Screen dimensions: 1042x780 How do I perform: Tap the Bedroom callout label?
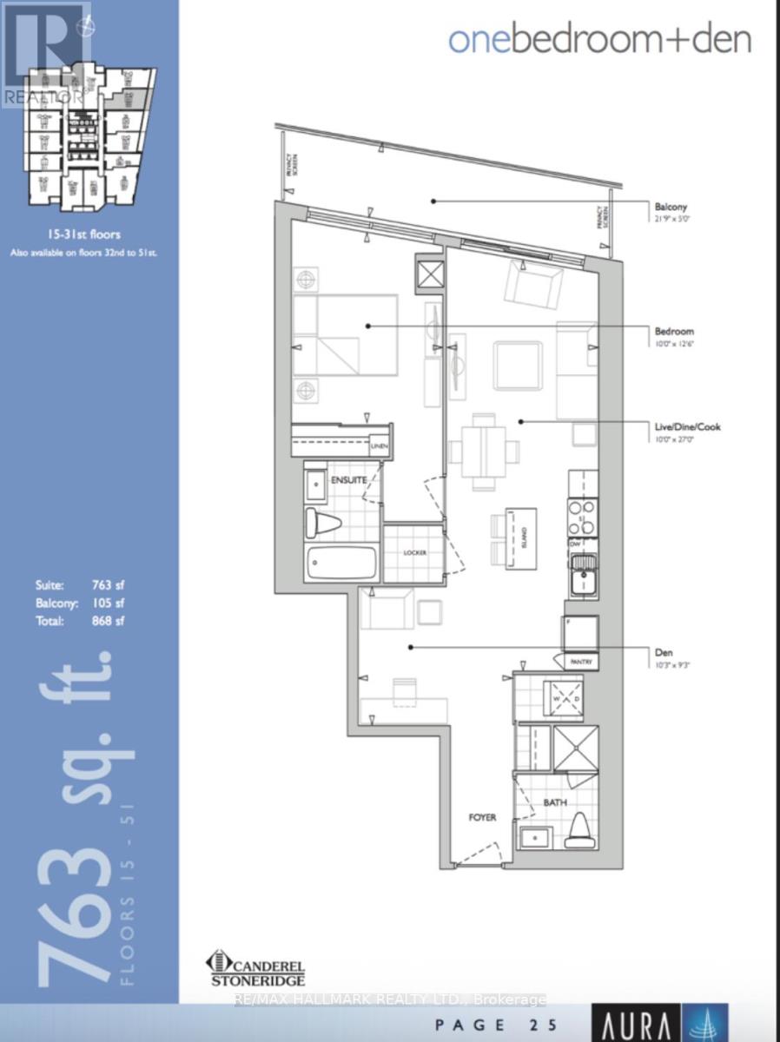point(674,331)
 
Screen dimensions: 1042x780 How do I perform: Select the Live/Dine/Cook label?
point(688,426)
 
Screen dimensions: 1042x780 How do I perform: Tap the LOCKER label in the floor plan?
point(413,553)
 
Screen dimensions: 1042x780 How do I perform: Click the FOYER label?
point(483,817)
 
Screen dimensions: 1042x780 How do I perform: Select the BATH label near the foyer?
point(556,803)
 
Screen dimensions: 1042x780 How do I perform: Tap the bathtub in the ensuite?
point(341,564)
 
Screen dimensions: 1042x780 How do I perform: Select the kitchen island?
point(523,539)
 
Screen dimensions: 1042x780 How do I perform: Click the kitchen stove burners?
point(583,516)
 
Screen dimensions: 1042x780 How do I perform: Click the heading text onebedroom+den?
point(599,39)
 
